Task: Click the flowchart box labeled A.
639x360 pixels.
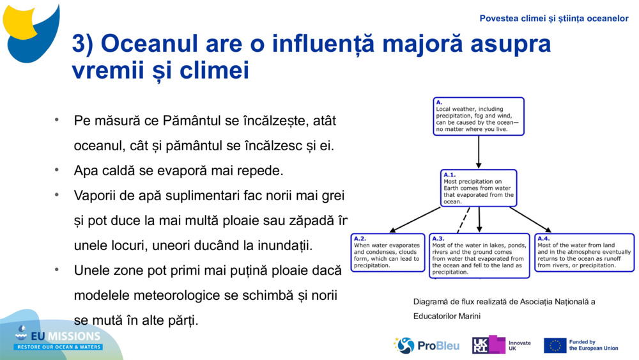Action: tap(478, 116)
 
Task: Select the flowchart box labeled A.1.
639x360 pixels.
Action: tap(479, 188)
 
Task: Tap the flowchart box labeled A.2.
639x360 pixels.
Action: tap(388, 253)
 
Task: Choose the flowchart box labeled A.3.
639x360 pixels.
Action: tap(479, 256)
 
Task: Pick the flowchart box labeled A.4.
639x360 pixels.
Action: tap(584, 253)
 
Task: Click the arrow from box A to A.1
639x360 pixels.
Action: tap(479, 152)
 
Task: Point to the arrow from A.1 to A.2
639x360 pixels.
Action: tap(415, 219)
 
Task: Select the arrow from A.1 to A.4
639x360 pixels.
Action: tap(530, 219)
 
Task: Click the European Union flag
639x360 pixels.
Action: tap(555, 345)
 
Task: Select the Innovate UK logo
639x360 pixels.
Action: tap(501, 345)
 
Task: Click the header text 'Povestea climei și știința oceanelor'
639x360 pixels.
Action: tap(554, 19)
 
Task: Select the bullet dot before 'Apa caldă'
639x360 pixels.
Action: tap(57, 170)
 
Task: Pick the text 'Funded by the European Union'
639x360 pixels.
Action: tap(594, 345)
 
